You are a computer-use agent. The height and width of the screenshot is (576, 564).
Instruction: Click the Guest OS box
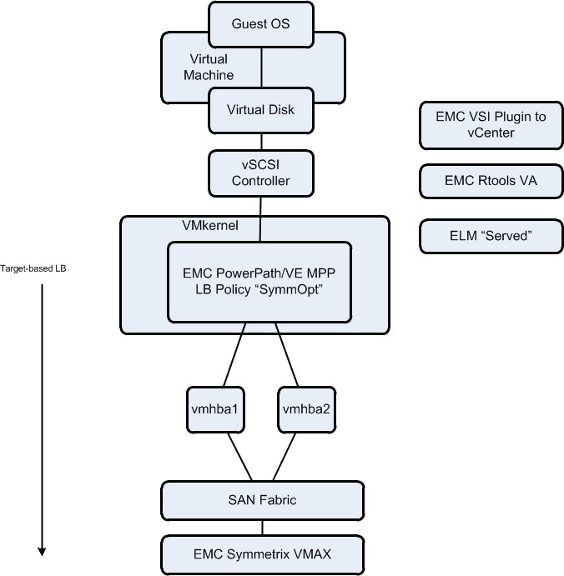(261, 23)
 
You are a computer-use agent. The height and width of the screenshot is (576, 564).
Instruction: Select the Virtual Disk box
(261, 109)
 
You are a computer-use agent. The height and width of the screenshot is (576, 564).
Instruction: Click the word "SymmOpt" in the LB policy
(295, 289)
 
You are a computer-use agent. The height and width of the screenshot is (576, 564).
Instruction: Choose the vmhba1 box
(214, 409)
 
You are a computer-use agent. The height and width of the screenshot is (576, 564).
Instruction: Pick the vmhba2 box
(304, 409)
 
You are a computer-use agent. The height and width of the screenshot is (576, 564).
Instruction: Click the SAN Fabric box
(261, 500)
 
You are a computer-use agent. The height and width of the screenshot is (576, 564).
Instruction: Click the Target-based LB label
(37, 268)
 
